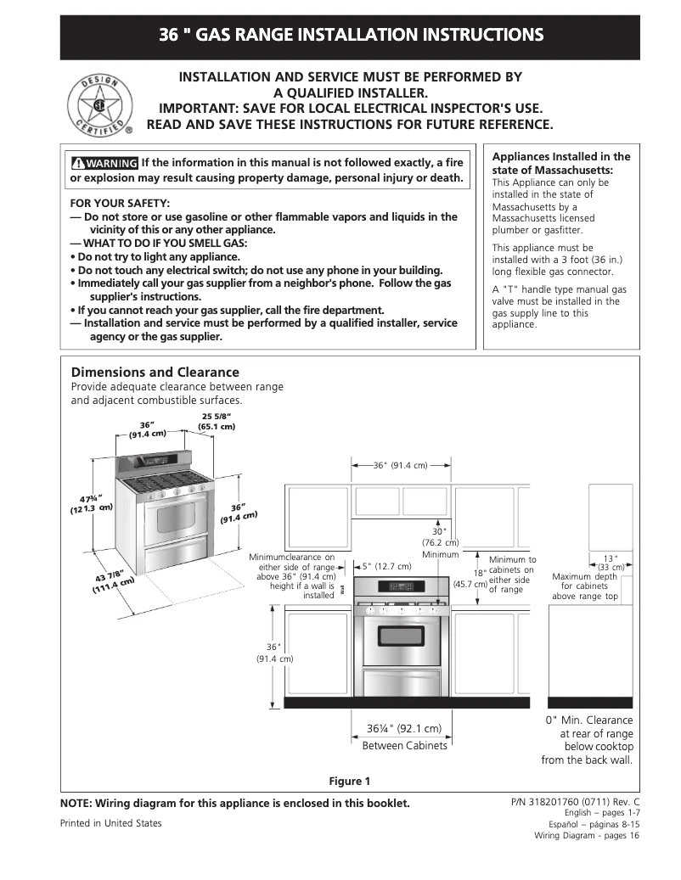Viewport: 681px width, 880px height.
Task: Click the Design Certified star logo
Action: point(100,106)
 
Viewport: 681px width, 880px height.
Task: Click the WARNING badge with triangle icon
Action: point(104,163)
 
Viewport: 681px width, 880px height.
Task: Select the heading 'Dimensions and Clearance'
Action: point(155,373)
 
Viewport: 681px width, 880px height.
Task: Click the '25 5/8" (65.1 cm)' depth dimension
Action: point(217,421)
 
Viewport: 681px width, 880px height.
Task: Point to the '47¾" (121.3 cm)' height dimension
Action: point(92,502)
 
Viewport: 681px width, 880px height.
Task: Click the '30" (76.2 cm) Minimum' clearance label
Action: point(440,543)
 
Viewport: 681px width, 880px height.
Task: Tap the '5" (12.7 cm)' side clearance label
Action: point(386,566)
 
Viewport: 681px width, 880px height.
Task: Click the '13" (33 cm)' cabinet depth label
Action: point(611,563)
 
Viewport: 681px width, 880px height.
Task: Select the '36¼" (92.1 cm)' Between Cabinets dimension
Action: point(404,729)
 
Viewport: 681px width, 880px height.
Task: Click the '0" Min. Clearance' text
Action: point(588,720)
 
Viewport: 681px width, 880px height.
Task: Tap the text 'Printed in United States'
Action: point(110,823)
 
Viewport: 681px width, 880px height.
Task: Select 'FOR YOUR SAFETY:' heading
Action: point(120,204)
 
